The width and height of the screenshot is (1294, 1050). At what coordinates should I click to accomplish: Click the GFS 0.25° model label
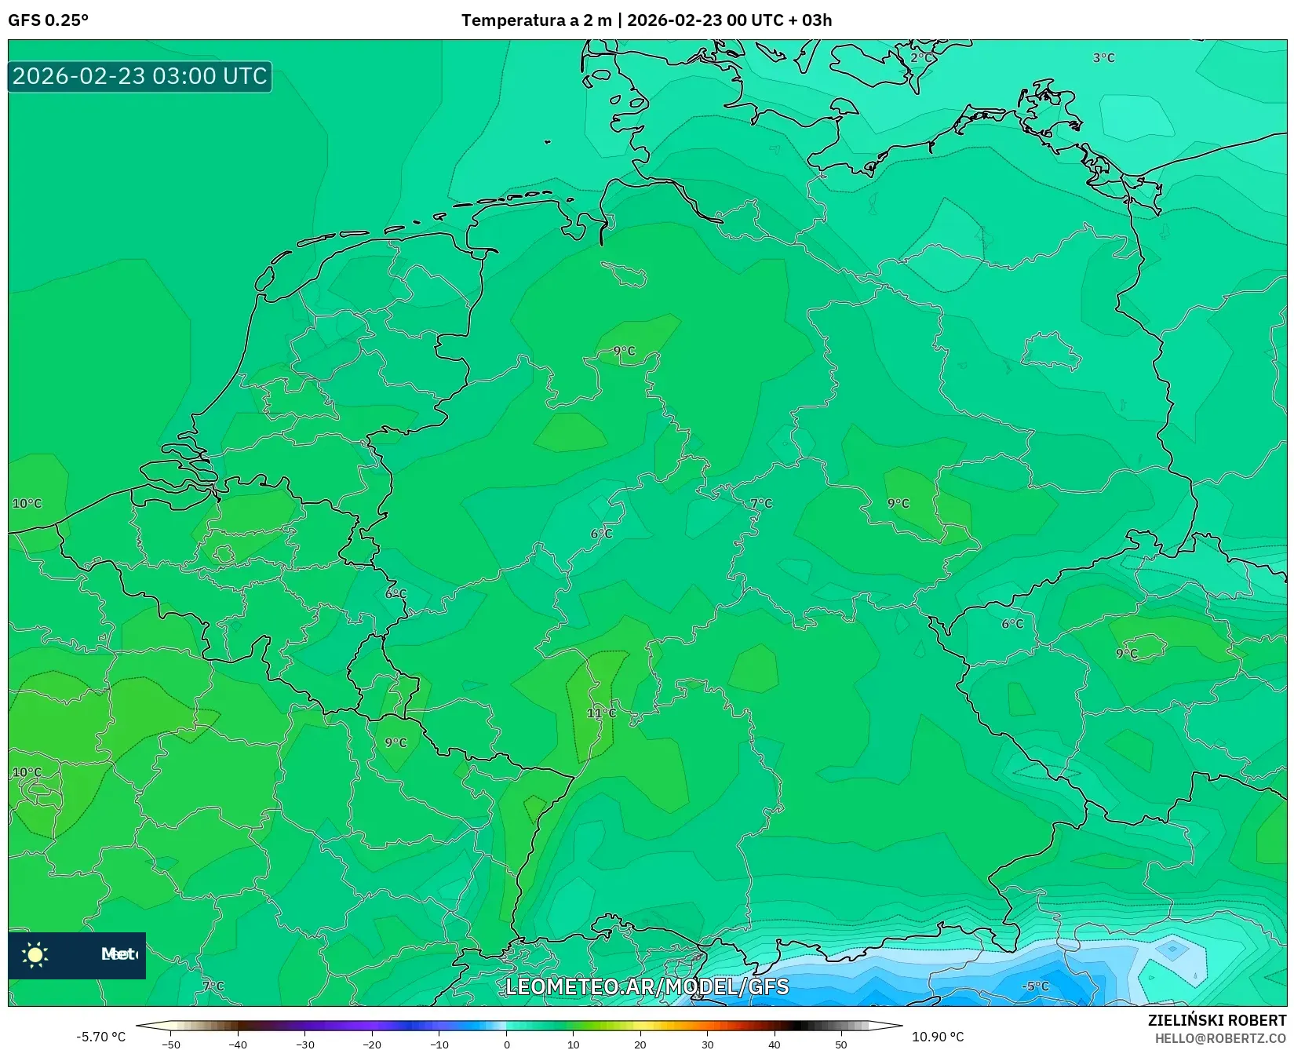tap(48, 20)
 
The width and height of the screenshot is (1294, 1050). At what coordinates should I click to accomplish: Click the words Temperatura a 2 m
tap(536, 20)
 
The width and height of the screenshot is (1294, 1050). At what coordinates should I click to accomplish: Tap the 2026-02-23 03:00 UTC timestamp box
tap(140, 76)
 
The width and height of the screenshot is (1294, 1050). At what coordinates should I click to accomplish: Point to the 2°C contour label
tap(922, 57)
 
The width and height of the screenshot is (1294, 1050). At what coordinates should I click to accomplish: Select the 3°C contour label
tap(1103, 57)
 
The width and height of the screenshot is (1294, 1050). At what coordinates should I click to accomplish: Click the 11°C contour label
tap(601, 713)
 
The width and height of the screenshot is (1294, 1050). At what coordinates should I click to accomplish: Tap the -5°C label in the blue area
tap(1036, 986)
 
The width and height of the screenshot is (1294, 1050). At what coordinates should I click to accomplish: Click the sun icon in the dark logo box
tap(35, 954)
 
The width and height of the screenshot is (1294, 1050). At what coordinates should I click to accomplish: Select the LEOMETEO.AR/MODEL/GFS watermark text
tap(647, 986)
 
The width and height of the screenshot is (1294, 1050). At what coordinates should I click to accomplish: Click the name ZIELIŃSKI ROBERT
tap(1217, 1020)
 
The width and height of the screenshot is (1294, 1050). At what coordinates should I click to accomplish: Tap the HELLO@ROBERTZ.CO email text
tap(1220, 1038)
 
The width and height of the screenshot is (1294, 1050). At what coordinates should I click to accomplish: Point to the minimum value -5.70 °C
tap(100, 1037)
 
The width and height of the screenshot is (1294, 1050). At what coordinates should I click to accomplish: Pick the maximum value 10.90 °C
tap(938, 1037)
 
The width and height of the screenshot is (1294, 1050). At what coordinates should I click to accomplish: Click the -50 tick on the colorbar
tap(171, 1045)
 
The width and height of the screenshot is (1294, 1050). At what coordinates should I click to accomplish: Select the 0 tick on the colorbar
tap(506, 1045)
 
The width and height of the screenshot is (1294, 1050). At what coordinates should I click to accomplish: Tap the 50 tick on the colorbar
tap(841, 1045)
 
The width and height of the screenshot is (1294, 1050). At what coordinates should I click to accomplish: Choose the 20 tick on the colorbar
tap(640, 1045)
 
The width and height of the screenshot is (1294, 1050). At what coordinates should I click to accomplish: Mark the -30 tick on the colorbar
tap(305, 1045)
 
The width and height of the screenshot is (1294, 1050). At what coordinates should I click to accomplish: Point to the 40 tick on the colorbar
tap(775, 1045)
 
